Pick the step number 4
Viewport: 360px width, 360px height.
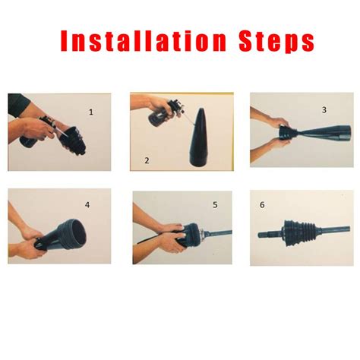pyautogui.click(x=87, y=204)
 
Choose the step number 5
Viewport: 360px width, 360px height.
pyautogui.click(x=215, y=204)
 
